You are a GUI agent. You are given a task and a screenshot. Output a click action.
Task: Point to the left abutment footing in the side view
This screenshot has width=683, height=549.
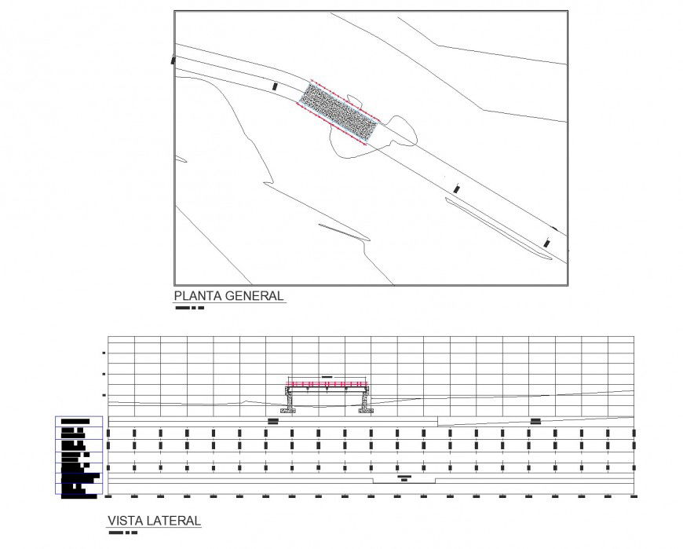[x=289, y=409]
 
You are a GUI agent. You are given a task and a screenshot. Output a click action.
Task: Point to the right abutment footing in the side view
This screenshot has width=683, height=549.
[x=366, y=409]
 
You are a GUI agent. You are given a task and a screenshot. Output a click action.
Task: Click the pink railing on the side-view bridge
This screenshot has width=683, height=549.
[x=327, y=383]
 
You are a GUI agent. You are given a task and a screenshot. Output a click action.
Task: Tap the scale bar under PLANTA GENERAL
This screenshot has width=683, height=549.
[x=189, y=308]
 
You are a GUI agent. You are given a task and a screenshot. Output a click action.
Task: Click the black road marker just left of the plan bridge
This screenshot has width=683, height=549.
[x=275, y=86]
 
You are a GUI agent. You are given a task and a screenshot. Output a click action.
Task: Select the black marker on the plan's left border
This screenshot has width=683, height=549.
[x=173, y=59]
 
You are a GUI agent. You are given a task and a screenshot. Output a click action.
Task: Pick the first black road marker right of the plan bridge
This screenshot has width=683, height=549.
[x=457, y=189]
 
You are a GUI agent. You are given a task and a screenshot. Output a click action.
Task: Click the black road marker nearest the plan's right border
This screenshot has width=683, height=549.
[x=548, y=243]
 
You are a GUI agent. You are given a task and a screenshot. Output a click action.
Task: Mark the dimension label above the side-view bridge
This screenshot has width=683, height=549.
[x=327, y=377]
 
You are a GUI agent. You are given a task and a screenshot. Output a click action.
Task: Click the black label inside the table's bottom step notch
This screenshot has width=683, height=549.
[x=404, y=478]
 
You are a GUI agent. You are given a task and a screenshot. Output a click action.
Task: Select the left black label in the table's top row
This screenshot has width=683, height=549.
[x=273, y=422]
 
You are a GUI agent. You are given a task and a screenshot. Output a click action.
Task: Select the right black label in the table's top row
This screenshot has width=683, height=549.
[x=535, y=422]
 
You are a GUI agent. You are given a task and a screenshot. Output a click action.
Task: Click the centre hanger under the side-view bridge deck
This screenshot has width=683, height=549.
[x=326, y=390]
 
